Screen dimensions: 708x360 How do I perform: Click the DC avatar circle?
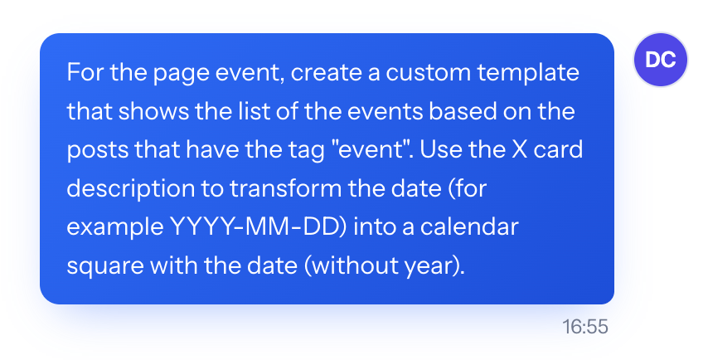click(x=661, y=60)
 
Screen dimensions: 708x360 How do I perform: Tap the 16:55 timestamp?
click(x=585, y=327)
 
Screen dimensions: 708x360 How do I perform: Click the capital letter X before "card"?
click(x=520, y=149)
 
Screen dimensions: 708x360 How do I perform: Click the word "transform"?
click(x=285, y=188)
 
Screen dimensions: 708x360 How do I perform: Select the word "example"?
click(x=115, y=227)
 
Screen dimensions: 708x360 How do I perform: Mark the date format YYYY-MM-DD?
click(x=255, y=226)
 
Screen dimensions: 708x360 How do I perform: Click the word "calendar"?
click(x=469, y=226)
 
